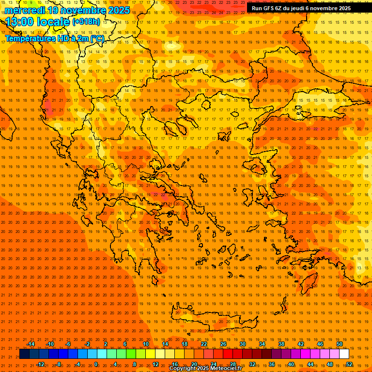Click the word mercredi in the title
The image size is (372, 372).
(25, 10)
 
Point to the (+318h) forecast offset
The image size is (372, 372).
(86, 22)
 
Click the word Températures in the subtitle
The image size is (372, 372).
(30, 38)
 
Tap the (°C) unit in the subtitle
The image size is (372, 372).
(97, 38)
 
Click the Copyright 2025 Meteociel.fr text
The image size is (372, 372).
(205, 369)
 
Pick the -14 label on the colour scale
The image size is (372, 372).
(30, 344)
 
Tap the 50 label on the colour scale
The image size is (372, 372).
(340, 344)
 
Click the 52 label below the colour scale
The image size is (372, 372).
(349, 364)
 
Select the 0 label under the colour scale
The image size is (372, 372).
(96, 364)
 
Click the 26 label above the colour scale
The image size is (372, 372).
(223, 344)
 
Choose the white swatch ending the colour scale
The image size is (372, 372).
(344, 354)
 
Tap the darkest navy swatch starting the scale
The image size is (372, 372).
(24, 354)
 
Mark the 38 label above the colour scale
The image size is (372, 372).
(281, 344)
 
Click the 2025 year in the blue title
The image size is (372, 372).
(119, 10)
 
